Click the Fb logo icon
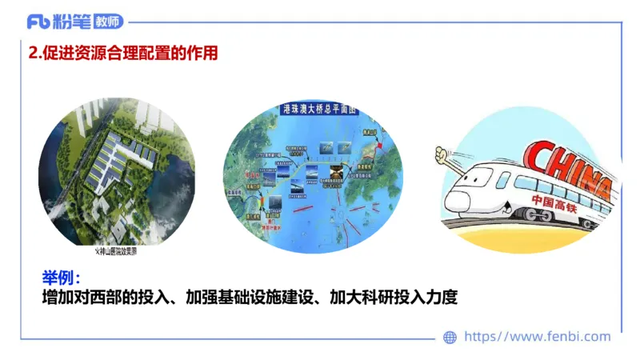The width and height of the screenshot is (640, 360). point(38,22)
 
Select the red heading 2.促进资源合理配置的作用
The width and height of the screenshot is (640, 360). point(122,54)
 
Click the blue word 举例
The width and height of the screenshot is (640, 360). point(60,278)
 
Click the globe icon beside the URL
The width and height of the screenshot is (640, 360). point(450,338)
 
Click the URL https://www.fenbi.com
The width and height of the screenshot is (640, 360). point(537,338)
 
